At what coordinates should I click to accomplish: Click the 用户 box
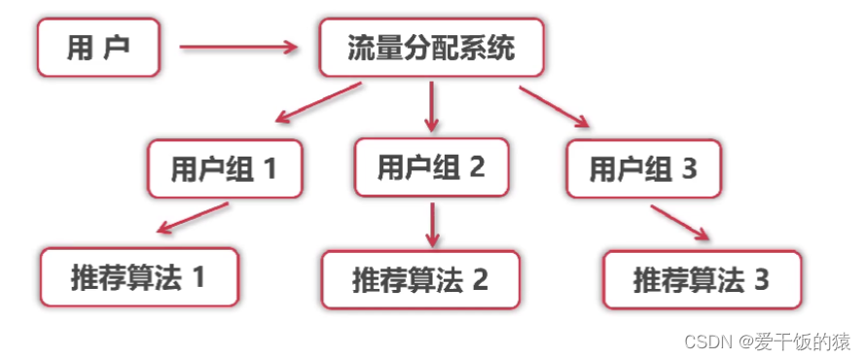pos(98,49)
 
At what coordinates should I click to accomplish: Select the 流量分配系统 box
pos(431,49)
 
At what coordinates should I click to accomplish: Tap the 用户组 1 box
pos(225,169)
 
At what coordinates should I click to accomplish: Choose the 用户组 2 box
pos(432,167)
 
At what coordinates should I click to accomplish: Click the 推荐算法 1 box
pos(139,278)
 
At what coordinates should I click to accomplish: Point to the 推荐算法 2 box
pos(420,280)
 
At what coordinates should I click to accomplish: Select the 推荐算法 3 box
pos(703,280)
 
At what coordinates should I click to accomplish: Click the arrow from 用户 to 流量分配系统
pos(237,46)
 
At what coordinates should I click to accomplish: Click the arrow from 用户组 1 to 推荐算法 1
pos(193,219)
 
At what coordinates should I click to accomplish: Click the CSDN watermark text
pos(768,342)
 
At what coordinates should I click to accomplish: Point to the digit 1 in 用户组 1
pos(270,169)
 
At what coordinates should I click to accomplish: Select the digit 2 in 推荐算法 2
pos(480,280)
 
